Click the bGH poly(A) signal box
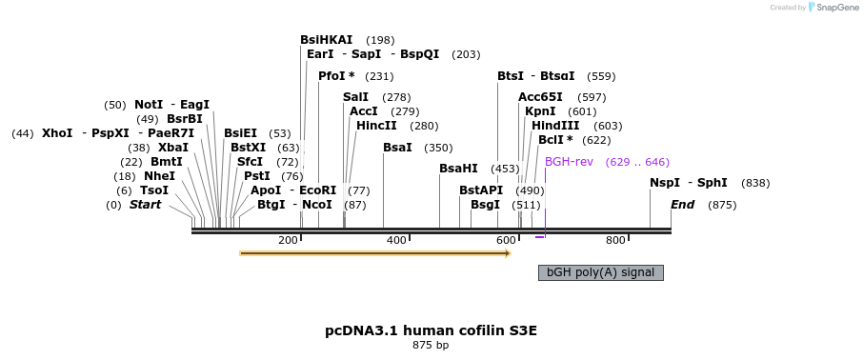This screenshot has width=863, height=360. pyautogui.click(x=600, y=272)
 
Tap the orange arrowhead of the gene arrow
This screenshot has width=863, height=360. pyautogui.click(x=509, y=253)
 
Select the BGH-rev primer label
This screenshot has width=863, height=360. pyautogui.click(x=569, y=162)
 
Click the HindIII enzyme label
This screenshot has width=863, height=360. pyautogui.click(x=555, y=126)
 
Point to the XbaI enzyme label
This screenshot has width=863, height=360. pyautogui.click(x=173, y=148)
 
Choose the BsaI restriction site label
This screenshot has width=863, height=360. pyautogui.click(x=397, y=148)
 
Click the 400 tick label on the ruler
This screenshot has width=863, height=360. pyautogui.click(x=396, y=240)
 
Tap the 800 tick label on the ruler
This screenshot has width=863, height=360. pyautogui.click(x=615, y=240)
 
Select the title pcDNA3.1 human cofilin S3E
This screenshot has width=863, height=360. pyautogui.click(x=431, y=330)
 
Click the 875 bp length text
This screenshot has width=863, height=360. pyautogui.click(x=431, y=346)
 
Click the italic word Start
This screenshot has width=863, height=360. pyautogui.click(x=146, y=205)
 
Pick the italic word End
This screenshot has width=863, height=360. pyautogui.click(x=682, y=205)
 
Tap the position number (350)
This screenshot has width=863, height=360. pyautogui.click(x=439, y=148)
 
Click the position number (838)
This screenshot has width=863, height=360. pyautogui.click(x=755, y=183)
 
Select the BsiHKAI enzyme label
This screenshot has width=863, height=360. pyautogui.click(x=327, y=40)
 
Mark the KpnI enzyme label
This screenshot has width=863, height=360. pyautogui.click(x=540, y=111)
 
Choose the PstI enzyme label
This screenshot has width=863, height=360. pyautogui.click(x=257, y=176)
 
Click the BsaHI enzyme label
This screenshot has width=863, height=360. pyautogui.click(x=458, y=169)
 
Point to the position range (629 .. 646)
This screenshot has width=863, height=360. pyautogui.click(x=637, y=162)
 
